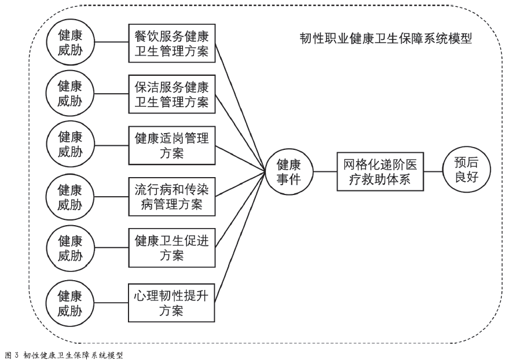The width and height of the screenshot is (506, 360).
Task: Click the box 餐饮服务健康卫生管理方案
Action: [172, 44]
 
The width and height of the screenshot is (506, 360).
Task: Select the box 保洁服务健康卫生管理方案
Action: [172, 94]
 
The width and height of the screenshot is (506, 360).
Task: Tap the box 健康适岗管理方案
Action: [172, 147]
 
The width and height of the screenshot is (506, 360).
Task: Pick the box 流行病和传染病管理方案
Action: [172, 197]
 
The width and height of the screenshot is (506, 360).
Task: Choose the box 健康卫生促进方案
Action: [172, 247]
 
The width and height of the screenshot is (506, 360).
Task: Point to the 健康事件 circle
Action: [288, 171]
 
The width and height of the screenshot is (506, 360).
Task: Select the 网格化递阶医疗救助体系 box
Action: [381, 171]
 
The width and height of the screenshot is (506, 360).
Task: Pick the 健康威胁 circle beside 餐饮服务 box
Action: [69, 44]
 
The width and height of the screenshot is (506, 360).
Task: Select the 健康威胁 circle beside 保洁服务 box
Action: [69, 94]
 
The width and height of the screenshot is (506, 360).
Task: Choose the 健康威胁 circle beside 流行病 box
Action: [69, 197]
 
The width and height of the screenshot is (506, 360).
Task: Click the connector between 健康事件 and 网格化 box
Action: [325, 171]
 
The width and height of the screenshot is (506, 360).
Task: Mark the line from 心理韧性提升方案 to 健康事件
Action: [241, 237]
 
